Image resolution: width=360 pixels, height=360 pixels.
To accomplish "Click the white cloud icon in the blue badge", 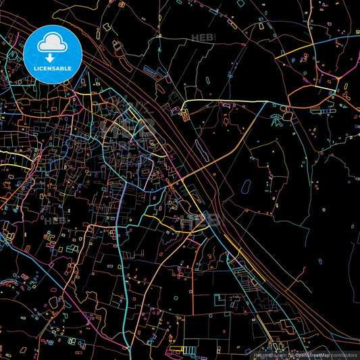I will (52, 44).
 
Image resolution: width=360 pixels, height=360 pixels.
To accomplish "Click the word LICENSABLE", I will (52, 68).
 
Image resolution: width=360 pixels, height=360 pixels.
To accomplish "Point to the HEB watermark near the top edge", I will (201, 38).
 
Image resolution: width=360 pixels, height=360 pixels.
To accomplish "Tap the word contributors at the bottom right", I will (342, 354).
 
